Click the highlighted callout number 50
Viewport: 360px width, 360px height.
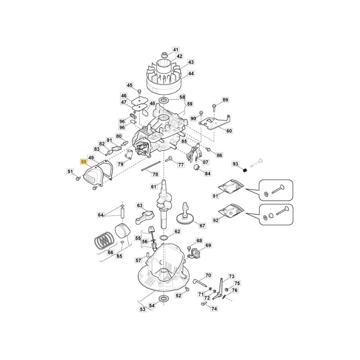coord(84,161)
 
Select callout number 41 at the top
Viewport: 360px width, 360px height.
coord(175,49)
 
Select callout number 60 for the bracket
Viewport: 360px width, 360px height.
coord(229,131)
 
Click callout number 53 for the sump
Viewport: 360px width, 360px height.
coord(143,309)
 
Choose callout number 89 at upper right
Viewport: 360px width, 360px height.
coord(225,100)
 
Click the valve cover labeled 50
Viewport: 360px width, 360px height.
coord(92,177)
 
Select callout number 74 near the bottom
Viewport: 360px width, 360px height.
coord(214,309)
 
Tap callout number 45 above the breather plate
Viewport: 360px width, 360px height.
coord(130,85)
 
